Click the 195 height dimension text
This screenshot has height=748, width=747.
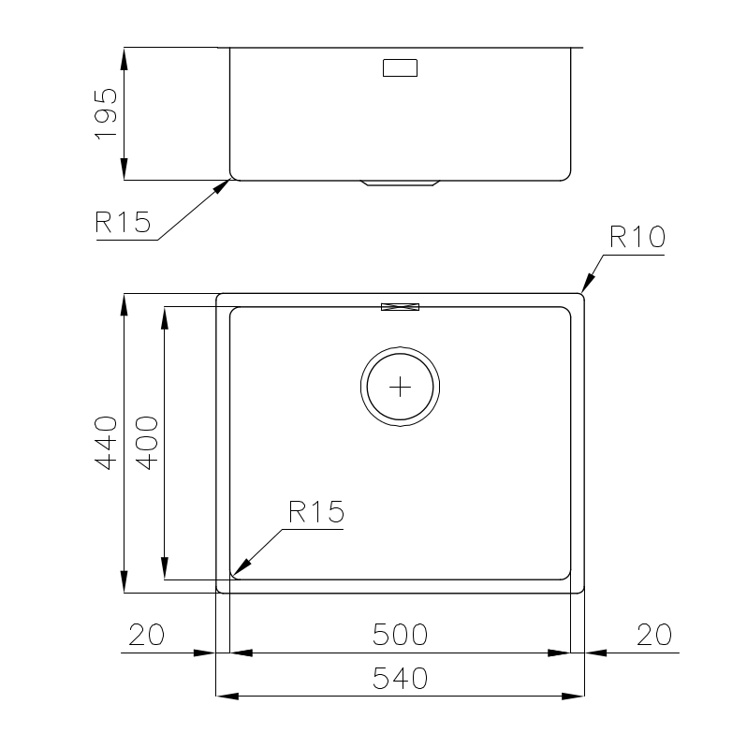107,114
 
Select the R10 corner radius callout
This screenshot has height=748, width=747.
637,237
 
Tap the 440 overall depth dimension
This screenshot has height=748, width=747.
107,443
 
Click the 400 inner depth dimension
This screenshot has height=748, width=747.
147,443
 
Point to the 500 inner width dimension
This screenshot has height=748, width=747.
400,635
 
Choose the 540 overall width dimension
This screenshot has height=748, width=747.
400,679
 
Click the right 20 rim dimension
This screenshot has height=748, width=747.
653,635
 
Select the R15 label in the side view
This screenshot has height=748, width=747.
123,223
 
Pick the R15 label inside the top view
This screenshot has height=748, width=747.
316,512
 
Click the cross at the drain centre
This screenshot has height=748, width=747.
400,386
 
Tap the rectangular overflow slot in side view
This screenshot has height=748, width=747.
400,68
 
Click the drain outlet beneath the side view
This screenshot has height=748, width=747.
400,183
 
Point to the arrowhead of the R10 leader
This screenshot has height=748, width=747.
588,285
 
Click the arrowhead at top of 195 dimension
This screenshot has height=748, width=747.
124,56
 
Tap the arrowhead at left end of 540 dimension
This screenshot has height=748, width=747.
226,697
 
